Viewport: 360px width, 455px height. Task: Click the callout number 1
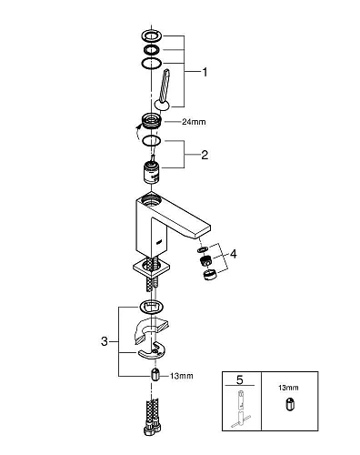tap(205, 73)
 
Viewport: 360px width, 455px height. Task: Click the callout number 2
tap(205, 155)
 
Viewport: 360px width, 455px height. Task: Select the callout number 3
tap(105, 341)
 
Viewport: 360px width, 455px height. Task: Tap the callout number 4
tap(234, 254)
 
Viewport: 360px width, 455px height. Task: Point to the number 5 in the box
tap(240, 379)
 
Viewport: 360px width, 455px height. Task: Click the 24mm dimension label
tap(194, 122)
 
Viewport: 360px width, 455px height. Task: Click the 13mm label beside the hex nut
tap(182, 376)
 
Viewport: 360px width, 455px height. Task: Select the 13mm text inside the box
tap(288, 388)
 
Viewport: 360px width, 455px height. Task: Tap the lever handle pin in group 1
tap(163, 89)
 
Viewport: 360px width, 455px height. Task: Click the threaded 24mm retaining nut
tap(151, 120)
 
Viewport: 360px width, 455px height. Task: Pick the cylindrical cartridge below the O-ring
tap(151, 172)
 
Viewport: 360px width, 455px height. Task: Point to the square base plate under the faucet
tap(152, 268)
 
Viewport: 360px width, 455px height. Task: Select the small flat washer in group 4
tap(201, 249)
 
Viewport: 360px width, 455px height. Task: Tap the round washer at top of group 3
tap(152, 307)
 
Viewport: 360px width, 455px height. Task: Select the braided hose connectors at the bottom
tap(153, 418)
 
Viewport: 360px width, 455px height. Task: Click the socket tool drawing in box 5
tap(241, 409)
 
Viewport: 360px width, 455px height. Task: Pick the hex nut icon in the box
tap(289, 405)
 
